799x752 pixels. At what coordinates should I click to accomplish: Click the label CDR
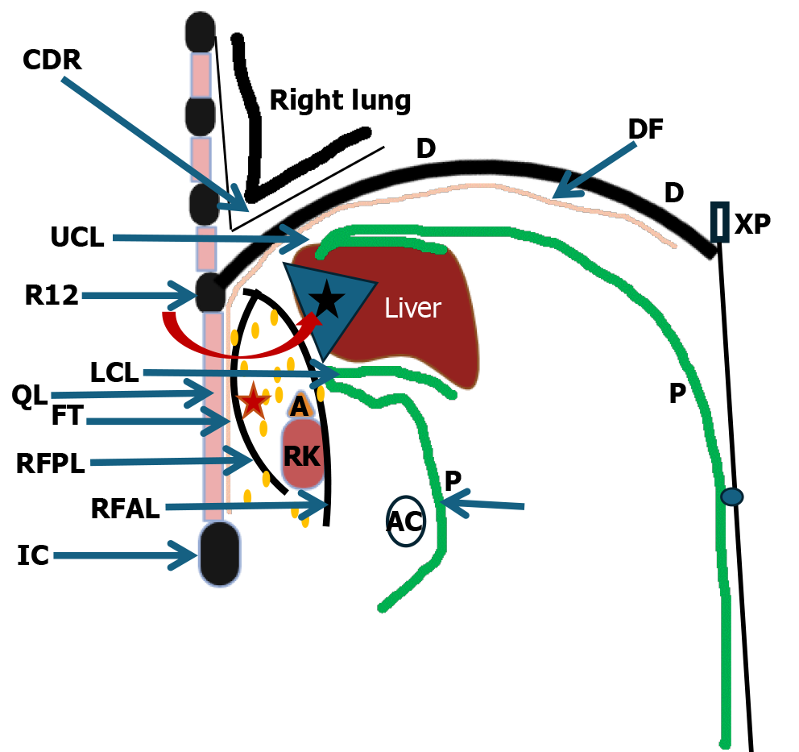[52, 60]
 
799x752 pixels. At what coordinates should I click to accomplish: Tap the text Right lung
[340, 101]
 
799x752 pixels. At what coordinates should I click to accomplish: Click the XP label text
[752, 223]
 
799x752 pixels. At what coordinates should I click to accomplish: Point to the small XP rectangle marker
[719, 222]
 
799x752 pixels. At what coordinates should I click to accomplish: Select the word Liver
[412, 308]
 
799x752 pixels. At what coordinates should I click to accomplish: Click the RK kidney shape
[303, 456]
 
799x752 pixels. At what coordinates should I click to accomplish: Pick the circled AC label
[405, 521]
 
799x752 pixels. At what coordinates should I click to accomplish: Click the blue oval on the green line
[731, 497]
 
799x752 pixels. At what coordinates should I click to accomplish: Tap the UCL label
[77, 238]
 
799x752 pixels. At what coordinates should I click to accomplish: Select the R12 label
[52, 296]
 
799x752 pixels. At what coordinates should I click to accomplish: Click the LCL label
[114, 372]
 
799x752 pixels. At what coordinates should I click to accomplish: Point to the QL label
[30, 396]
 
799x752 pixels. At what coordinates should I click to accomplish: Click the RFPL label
[50, 463]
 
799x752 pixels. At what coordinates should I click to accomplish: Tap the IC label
[33, 555]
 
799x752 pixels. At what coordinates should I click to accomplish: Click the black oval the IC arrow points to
[219, 554]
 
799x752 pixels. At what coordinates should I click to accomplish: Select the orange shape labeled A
[299, 406]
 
